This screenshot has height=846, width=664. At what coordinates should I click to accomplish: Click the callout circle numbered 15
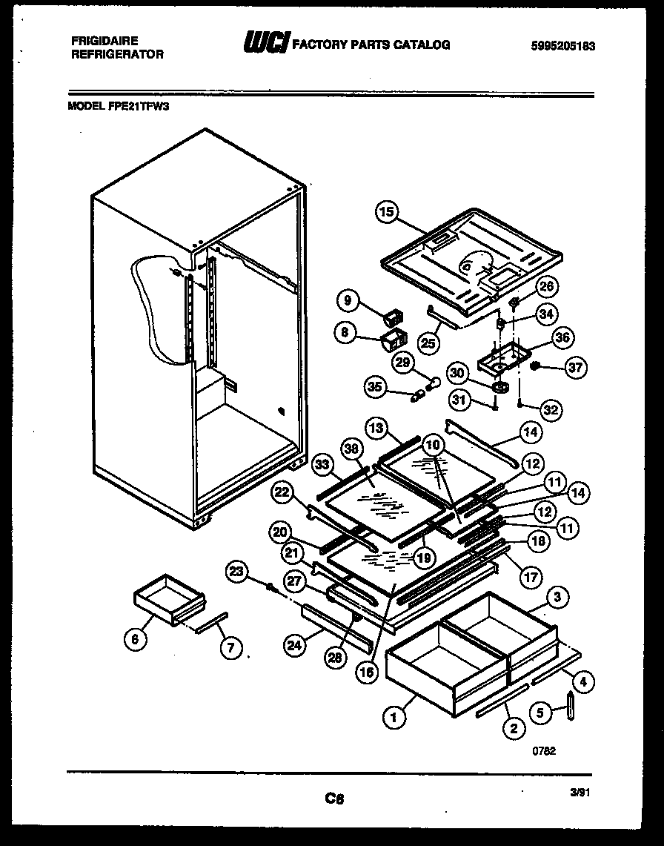[x=385, y=213]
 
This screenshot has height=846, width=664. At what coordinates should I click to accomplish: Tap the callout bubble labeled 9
[x=349, y=301]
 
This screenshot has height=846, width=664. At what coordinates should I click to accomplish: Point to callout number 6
[x=135, y=641]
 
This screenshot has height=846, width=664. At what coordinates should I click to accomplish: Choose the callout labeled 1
[x=394, y=717]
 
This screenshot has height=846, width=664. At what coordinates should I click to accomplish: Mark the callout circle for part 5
[x=540, y=713]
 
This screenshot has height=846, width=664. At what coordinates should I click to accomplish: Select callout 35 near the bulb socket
[x=375, y=386]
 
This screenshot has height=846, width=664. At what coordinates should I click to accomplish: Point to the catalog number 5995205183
[x=563, y=46]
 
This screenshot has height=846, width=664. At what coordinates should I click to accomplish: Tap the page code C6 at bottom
[x=334, y=799]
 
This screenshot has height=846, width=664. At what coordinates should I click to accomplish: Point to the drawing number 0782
[x=544, y=750]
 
